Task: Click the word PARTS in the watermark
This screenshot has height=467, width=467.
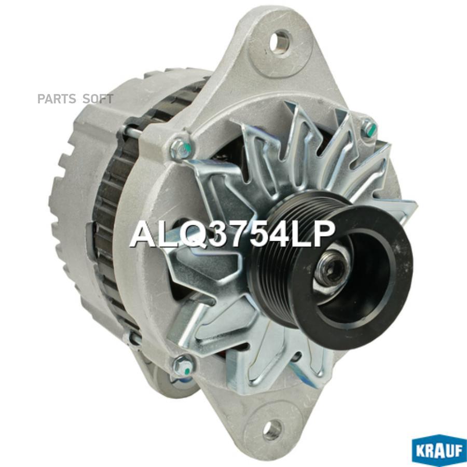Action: point(57,99)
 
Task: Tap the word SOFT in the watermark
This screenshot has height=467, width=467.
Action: point(98,99)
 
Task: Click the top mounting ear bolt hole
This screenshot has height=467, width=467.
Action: point(280,42)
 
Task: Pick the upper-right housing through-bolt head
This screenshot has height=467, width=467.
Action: point(368,127)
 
